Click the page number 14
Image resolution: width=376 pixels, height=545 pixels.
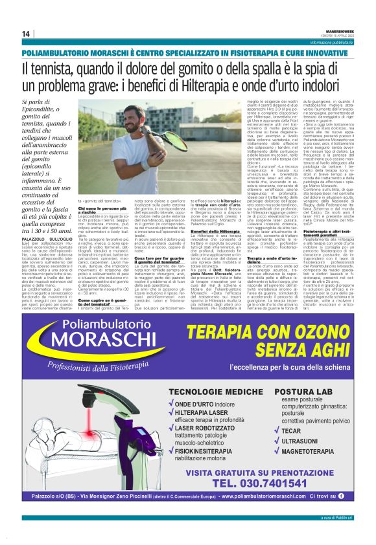[x=26, y=34]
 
